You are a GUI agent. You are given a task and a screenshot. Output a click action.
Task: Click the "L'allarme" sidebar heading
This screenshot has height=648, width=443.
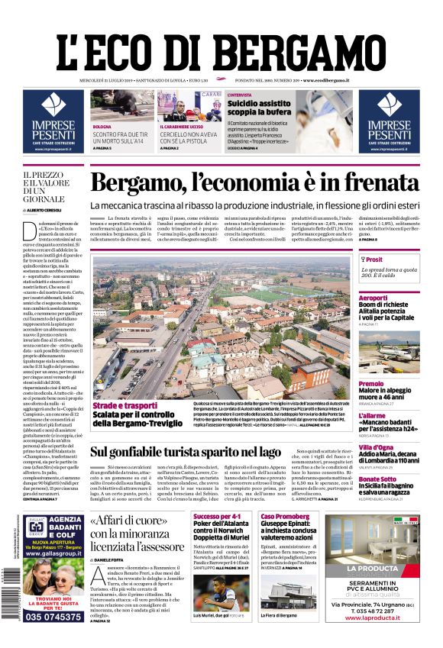click(372, 415)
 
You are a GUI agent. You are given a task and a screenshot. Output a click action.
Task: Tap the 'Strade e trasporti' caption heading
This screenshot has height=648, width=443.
click(125, 405)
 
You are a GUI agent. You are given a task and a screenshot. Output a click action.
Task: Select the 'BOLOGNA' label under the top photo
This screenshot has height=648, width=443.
click(102, 126)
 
